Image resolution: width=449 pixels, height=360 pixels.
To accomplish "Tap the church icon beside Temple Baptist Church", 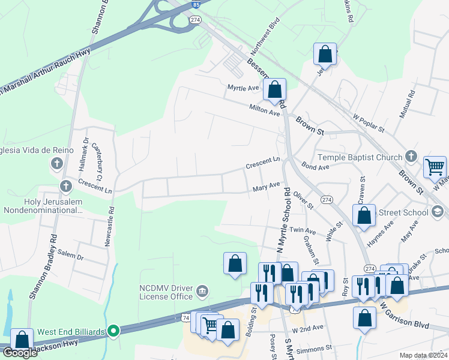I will pyautogui.click(x=411, y=157).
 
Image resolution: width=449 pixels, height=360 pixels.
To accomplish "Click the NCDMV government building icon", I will pyautogui.click(x=202, y=292).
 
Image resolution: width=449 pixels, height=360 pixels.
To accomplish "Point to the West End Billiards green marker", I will pyautogui.click(x=113, y=331).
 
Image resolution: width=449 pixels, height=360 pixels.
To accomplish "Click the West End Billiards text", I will pyautogui.click(x=71, y=331).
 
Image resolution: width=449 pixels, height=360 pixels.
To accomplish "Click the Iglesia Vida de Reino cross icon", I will pyautogui.click(x=57, y=163).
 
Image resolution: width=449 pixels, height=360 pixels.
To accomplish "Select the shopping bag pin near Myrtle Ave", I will pyautogui.click(x=274, y=90).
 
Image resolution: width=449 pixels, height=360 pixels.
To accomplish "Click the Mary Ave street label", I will pyautogui.click(x=267, y=187).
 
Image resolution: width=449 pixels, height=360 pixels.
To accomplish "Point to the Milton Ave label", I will pyautogui.click(x=265, y=110).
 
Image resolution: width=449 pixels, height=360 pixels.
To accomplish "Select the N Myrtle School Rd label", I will pyautogui.click(x=283, y=220).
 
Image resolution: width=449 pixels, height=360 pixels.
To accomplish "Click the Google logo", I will pyautogui.click(x=20, y=353).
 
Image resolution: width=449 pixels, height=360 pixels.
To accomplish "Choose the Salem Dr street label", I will pyautogui.click(x=71, y=256).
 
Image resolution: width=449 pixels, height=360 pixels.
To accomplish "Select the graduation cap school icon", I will pyautogui.click(x=438, y=211).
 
